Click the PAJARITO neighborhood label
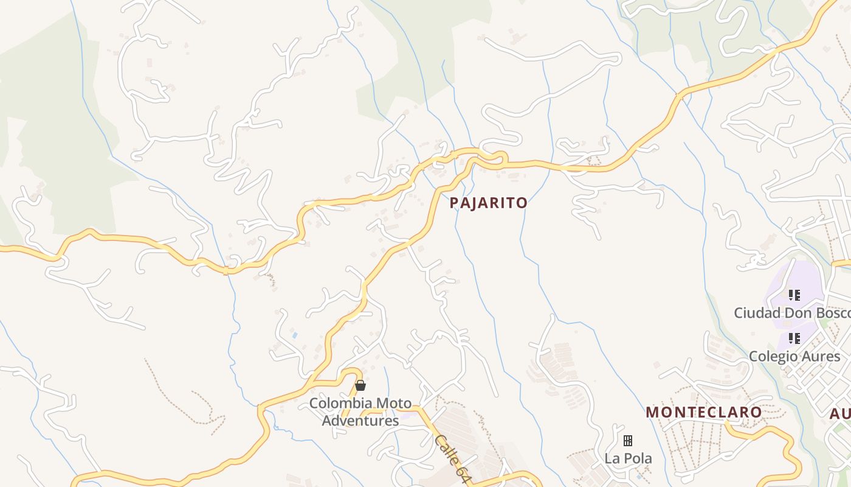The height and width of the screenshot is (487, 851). coord(488,203)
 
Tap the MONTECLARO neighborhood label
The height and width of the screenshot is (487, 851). coord(703,412)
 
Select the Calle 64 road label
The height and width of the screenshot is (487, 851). coord(452,458)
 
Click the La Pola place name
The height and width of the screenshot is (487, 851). coord(628,458)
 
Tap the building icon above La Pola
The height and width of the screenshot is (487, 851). coord(628,440)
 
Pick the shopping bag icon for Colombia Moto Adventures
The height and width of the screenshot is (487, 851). coord(360,385)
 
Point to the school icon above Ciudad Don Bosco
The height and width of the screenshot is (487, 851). coord(794,295)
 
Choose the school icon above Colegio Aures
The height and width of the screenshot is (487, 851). coord(794,338)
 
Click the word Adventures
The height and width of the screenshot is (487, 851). coord(360,420)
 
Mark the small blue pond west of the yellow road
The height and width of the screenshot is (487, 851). coord(295,335)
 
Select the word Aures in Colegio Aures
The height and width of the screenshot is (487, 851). coord(819,356)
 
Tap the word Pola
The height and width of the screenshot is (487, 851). coord(637,458)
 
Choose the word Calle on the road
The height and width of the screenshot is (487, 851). coord(446,449)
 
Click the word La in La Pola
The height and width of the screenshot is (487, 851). coord(611,458)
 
